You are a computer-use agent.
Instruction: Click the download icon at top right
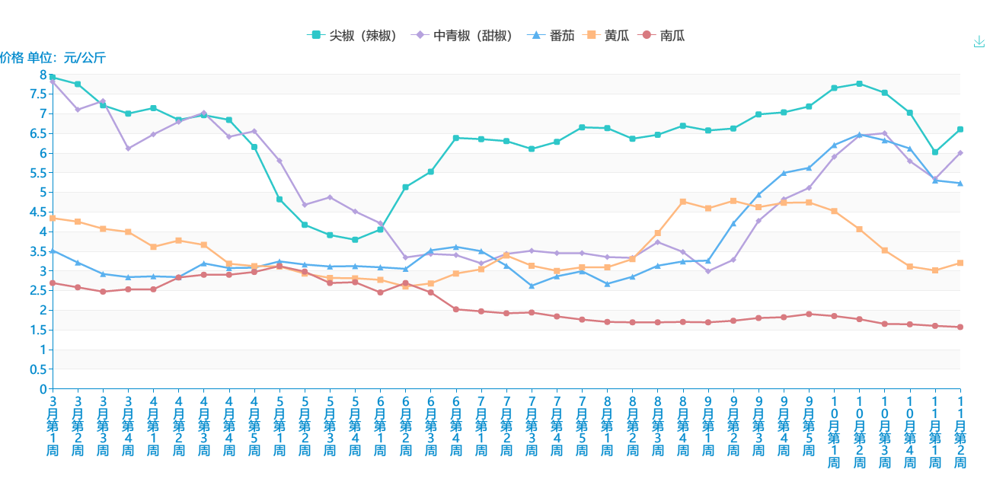click(x=979, y=42)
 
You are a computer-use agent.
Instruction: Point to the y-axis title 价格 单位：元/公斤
click(x=53, y=58)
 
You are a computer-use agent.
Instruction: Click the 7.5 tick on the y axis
click(x=37, y=94)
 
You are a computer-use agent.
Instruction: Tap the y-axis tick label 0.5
click(x=37, y=369)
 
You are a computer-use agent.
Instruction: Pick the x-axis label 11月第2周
click(x=960, y=432)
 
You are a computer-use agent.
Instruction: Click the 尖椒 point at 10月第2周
click(x=859, y=84)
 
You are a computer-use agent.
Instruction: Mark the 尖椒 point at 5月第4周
click(x=355, y=240)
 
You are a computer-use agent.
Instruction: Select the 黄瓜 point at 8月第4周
click(x=683, y=202)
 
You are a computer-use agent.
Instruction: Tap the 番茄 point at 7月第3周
click(x=532, y=286)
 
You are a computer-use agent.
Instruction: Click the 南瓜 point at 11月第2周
click(x=960, y=327)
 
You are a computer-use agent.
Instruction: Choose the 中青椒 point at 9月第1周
click(x=708, y=271)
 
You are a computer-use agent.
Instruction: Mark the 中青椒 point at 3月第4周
click(x=128, y=148)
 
